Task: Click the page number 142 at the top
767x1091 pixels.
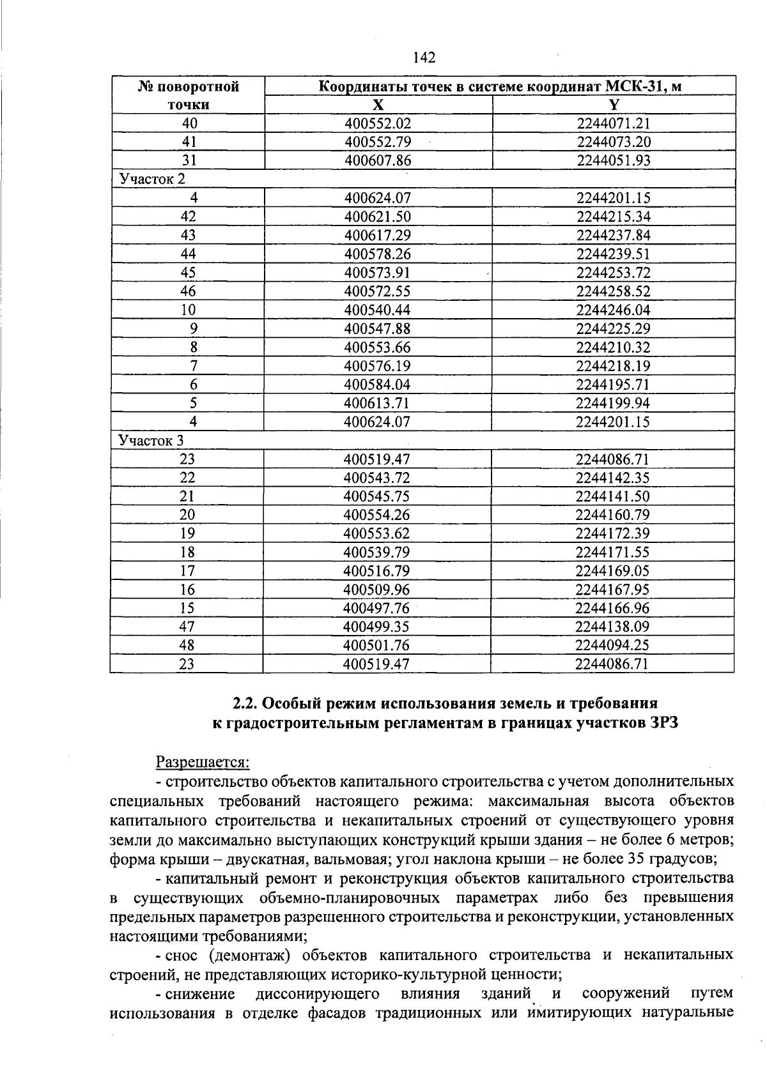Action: pyautogui.click(x=424, y=58)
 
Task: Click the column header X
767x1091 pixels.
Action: pyautogui.click(x=378, y=105)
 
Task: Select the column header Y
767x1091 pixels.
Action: pyautogui.click(x=614, y=105)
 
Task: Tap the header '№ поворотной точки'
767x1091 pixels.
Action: pyautogui.click(x=188, y=95)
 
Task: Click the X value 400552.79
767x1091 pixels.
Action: pyautogui.click(x=378, y=142)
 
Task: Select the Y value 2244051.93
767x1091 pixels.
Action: pyautogui.click(x=614, y=160)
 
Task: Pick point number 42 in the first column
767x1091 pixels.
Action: pyautogui.click(x=188, y=217)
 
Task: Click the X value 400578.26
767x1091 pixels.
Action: pyautogui.click(x=378, y=254)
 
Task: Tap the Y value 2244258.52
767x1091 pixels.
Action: pyautogui.click(x=614, y=291)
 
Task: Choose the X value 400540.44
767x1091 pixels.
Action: pyautogui.click(x=378, y=310)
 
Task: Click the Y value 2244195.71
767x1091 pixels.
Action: pyautogui.click(x=613, y=385)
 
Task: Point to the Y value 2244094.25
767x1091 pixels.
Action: pyautogui.click(x=612, y=645)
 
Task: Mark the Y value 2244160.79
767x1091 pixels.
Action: pyautogui.click(x=612, y=515)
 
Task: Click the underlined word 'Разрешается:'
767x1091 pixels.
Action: pyautogui.click(x=203, y=762)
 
